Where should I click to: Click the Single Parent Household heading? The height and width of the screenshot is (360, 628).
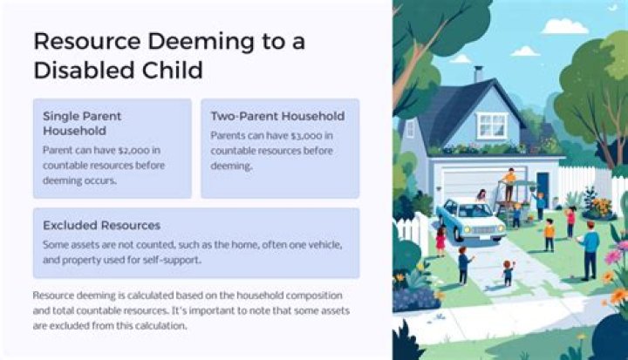coord(83,123)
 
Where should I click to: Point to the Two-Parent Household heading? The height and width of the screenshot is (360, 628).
coord(277,115)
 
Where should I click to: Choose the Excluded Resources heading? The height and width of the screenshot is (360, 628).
coord(101,225)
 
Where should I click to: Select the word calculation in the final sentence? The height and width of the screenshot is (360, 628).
coord(179,327)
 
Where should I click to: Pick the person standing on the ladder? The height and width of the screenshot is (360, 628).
coord(509,181)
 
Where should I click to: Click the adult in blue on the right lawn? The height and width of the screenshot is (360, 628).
coord(590,248)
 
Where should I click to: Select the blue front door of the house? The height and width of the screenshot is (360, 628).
coord(543,185)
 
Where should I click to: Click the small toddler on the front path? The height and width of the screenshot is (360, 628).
coord(508,274)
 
